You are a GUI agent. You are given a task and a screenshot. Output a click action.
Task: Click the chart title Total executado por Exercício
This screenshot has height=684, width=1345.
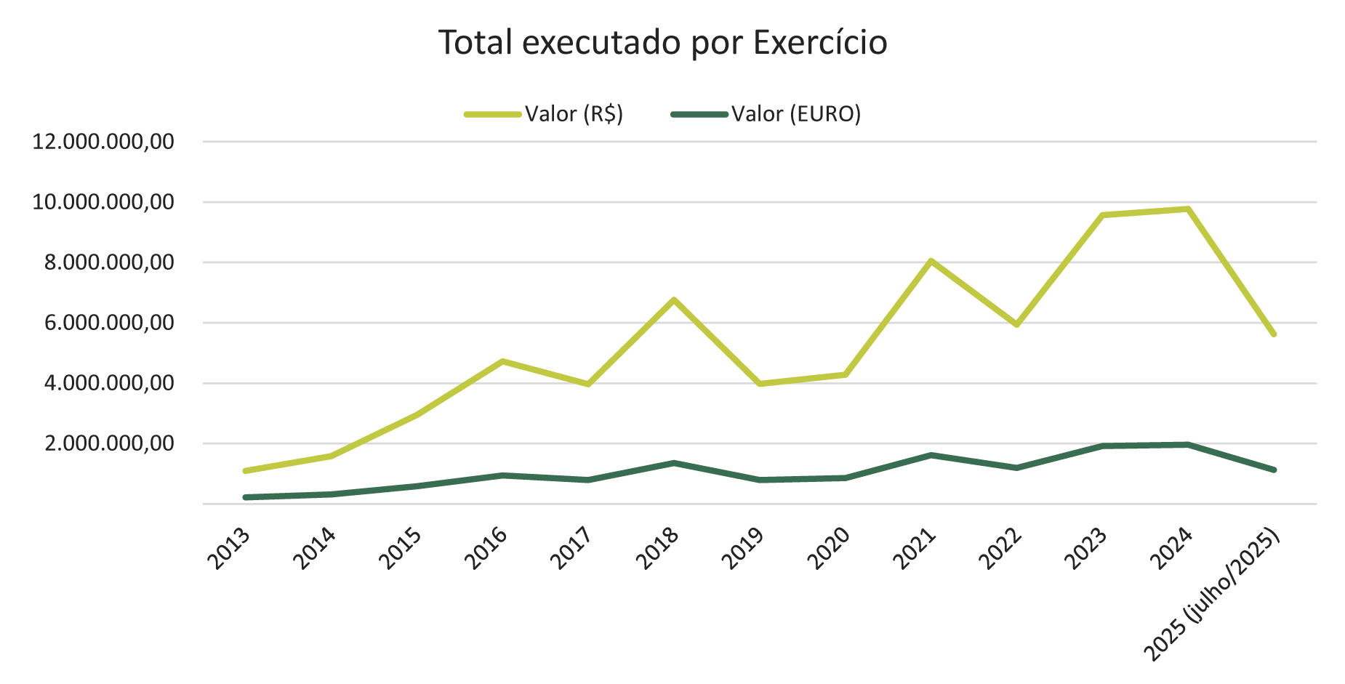click(663, 43)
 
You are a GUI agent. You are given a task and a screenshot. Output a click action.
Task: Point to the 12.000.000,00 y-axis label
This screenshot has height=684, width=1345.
click(103, 142)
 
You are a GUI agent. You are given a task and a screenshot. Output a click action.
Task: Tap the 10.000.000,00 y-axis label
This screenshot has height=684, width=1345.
click(103, 202)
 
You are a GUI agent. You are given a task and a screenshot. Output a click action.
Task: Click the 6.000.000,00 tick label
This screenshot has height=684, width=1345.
click(110, 323)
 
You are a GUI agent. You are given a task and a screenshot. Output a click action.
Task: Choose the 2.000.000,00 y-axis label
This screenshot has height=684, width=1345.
click(110, 443)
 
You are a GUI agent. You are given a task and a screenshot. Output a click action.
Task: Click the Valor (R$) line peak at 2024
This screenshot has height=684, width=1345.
click(1188, 209)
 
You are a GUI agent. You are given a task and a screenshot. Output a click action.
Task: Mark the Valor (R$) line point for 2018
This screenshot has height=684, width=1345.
click(674, 299)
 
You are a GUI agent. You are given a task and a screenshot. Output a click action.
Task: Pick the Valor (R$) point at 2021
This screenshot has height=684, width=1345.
click(931, 260)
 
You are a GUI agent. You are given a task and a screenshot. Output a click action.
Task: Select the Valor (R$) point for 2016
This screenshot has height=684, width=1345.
click(502, 361)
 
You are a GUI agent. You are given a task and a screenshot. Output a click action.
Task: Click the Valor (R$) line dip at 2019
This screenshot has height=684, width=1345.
click(760, 383)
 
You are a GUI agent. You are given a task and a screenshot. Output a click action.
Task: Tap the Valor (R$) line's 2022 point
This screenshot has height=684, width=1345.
click(1017, 324)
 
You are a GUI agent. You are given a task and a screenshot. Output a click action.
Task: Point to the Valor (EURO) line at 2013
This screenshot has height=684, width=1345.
click(246, 497)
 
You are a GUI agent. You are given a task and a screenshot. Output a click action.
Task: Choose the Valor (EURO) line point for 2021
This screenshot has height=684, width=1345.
click(931, 455)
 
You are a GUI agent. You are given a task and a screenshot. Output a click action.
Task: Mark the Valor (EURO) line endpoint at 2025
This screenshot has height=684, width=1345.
click(1274, 470)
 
